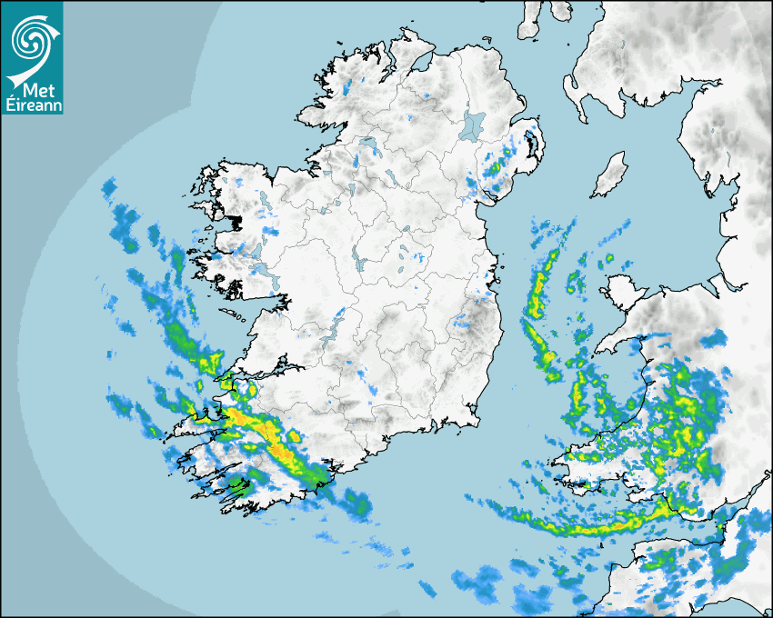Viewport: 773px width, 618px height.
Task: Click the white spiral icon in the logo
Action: (31, 38)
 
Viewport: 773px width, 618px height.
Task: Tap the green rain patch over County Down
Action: (497, 166)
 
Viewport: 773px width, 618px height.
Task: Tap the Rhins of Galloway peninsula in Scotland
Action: (571, 91)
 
